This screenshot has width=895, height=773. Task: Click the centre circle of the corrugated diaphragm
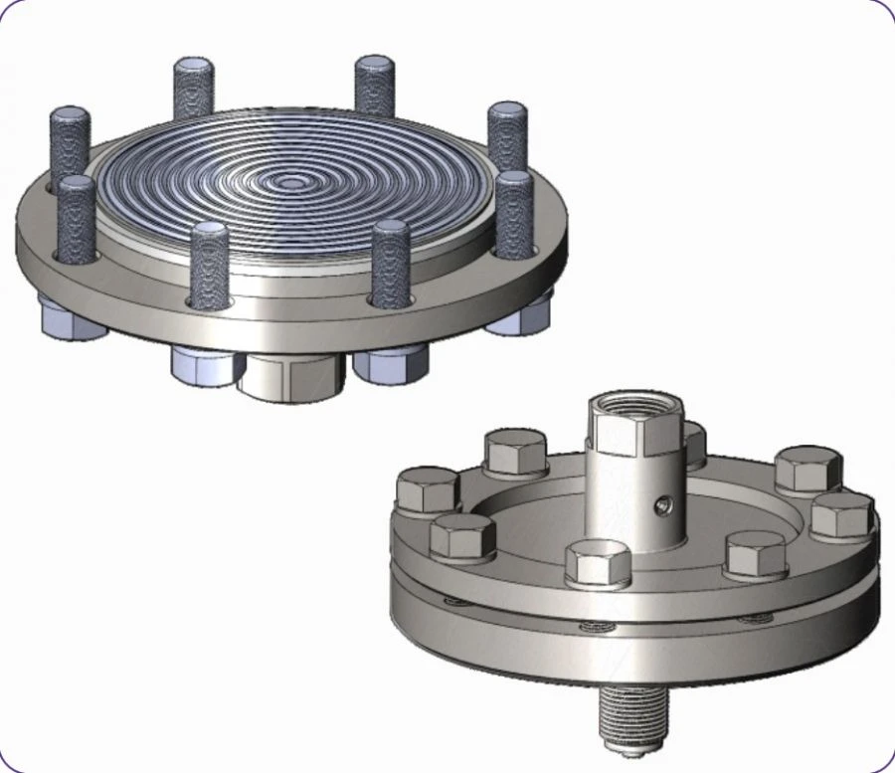click(x=290, y=183)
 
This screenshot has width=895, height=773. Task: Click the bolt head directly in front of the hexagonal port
click(x=597, y=563)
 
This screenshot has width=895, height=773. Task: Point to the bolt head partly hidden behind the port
click(x=693, y=442)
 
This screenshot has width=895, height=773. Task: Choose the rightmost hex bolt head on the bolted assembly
click(x=841, y=514)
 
